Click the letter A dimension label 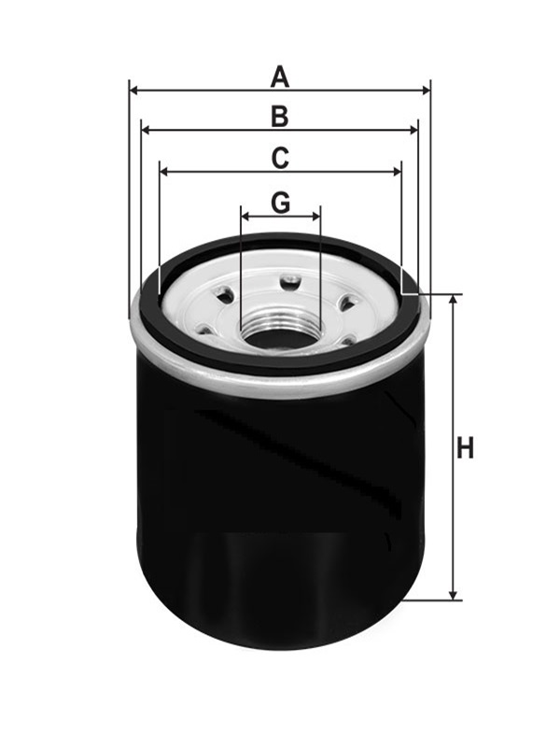pyautogui.click(x=279, y=77)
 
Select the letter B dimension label pyautogui.click(x=279, y=117)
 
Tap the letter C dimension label pyautogui.click(x=279, y=159)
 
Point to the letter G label pyautogui.click(x=280, y=202)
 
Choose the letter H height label pyautogui.click(x=465, y=448)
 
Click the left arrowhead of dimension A pyautogui.click(x=133, y=91)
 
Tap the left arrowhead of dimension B pyautogui.click(x=146, y=131)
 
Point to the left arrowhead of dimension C pyautogui.click(x=164, y=172)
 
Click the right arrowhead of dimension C pyautogui.click(x=397, y=172)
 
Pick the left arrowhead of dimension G pyautogui.click(x=245, y=215)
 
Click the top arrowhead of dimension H pyautogui.click(x=455, y=299)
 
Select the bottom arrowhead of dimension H pyautogui.click(x=455, y=595)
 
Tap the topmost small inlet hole pyautogui.click(x=290, y=280)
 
